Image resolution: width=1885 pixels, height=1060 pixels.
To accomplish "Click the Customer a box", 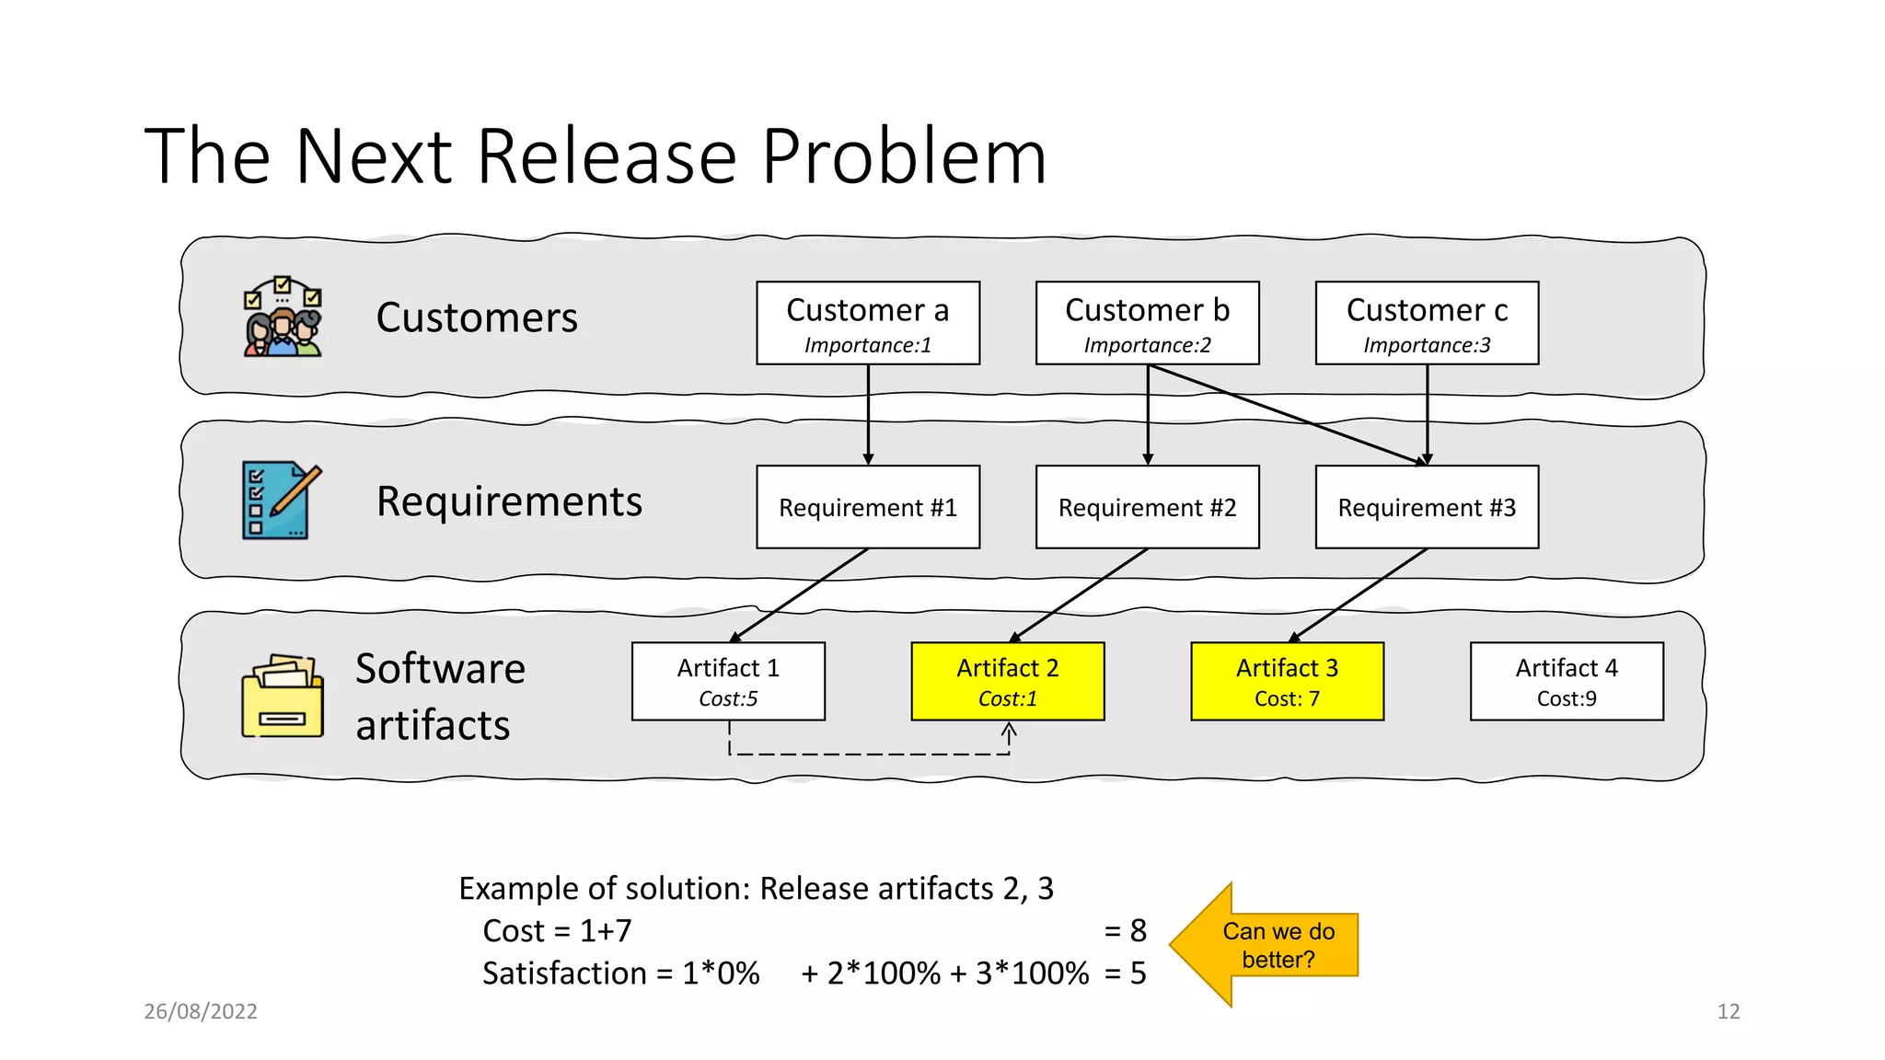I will coord(867,322).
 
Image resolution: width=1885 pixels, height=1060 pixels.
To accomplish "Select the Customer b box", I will coord(1147,322).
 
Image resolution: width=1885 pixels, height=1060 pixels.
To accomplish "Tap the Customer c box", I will coord(1427,322).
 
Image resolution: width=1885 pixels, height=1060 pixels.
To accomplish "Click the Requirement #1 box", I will coord(867,507).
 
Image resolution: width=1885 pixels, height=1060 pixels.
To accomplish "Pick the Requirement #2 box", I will coord(1147,507).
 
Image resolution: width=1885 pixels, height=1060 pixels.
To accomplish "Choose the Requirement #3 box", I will coord(1427,507).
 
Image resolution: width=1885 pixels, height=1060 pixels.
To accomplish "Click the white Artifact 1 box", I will coord(728,681).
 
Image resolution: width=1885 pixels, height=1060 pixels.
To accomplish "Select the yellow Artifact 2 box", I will coord(1007,681).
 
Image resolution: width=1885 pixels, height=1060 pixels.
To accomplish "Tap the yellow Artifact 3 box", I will coord(1287,681).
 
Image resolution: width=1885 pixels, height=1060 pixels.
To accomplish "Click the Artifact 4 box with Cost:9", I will coord(1567,681).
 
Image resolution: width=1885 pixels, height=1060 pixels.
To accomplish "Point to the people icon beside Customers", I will coord(283,317).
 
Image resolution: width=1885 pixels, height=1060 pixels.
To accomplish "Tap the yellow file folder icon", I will coord(282,697).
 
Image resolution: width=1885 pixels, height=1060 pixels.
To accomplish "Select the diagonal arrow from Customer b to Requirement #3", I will coord(1289,414).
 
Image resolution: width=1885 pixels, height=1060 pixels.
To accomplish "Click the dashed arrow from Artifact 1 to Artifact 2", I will coord(870,755).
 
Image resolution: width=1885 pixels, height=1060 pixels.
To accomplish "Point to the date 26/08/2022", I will coord(201,1011).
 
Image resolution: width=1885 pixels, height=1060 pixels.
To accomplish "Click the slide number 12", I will coord(1728,1011).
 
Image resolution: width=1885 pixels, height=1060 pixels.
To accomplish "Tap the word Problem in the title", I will coord(904,156).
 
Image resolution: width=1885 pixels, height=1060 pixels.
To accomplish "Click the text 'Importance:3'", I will coord(1427,345).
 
